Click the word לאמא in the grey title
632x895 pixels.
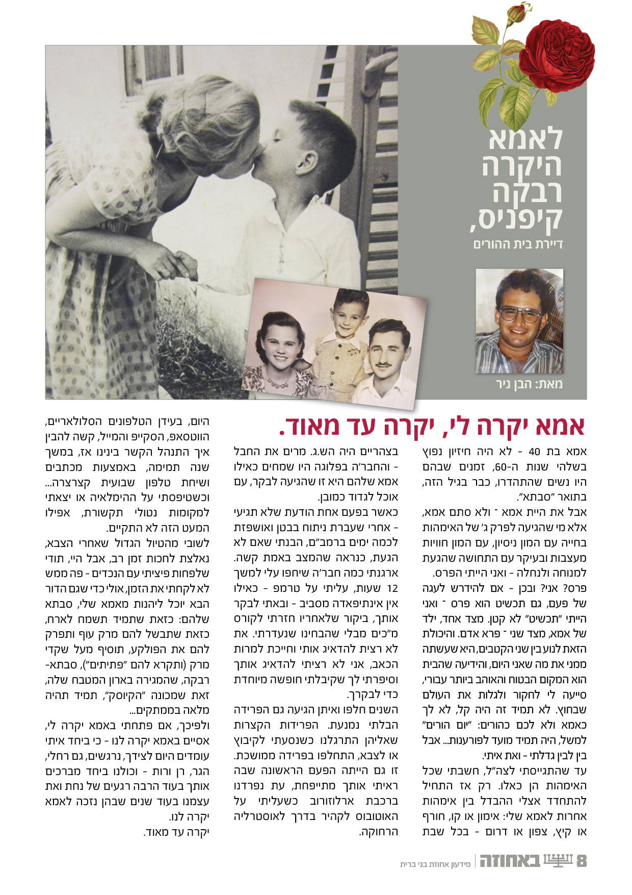[525, 138]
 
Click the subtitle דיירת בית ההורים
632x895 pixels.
[518, 244]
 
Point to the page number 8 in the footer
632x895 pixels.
[581, 861]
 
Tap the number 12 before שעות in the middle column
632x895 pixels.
[392, 588]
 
